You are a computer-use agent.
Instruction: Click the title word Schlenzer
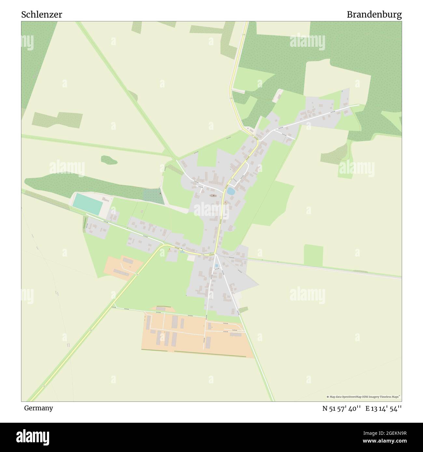tap(42, 15)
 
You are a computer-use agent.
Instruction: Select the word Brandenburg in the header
tap(374, 15)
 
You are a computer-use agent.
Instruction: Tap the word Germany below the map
tap(38, 408)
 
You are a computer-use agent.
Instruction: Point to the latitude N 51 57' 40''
tap(341, 408)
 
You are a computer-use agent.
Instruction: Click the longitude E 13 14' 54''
tap(383, 408)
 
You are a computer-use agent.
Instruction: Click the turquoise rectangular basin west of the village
tap(87, 204)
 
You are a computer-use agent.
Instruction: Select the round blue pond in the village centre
tap(231, 191)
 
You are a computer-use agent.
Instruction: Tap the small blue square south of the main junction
tap(216, 266)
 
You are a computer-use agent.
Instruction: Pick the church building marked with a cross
tap(213, 196)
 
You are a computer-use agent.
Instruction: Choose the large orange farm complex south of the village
tap(195, 335)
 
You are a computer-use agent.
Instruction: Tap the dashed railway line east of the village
tap(325, 267)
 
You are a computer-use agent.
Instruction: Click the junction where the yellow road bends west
tap(215, 254)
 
